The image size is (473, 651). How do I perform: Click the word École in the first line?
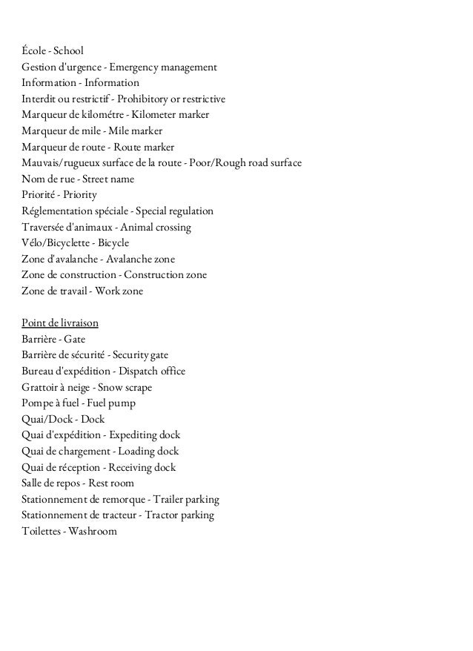click(x=34, y=51)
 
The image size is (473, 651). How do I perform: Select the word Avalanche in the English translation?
click(x=129, y=260)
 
